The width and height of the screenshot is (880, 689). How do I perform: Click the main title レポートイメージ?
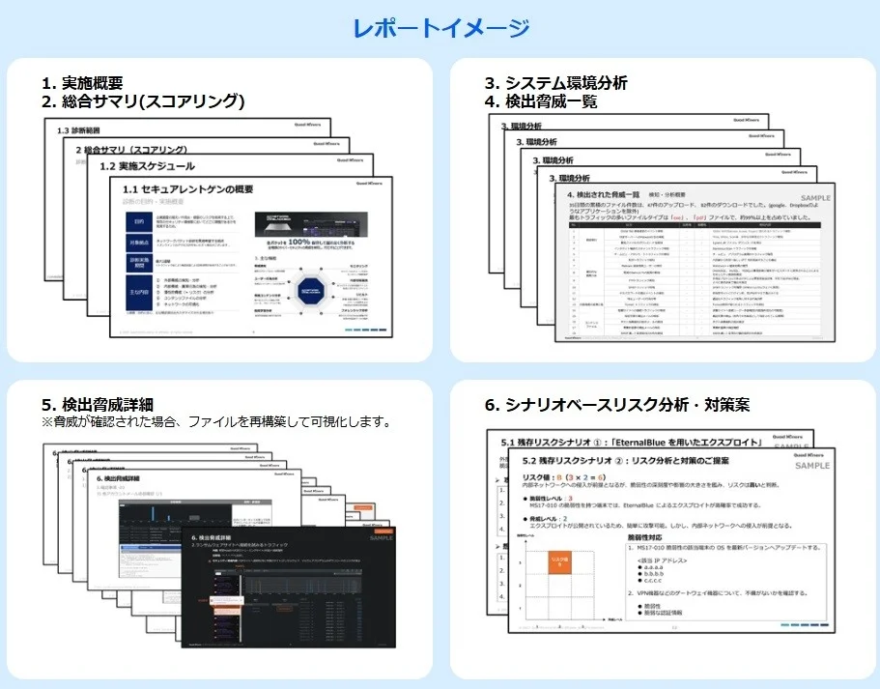pos(440,28)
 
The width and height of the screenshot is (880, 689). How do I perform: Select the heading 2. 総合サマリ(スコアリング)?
pos(143,101)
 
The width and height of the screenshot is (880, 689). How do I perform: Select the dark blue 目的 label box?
pos(138,221)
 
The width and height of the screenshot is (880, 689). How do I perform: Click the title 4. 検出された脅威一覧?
pos(614,195)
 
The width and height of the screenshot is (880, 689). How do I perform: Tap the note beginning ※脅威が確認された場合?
pos(214,422)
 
